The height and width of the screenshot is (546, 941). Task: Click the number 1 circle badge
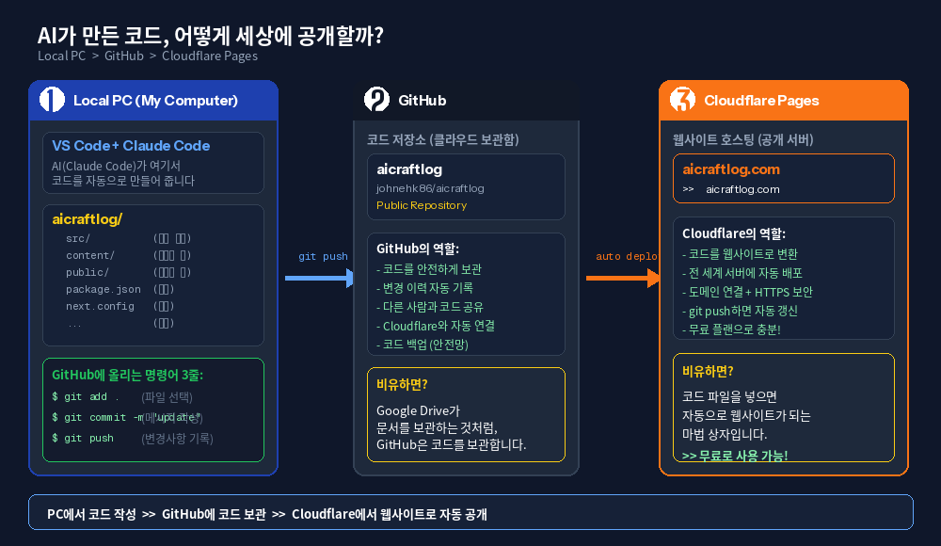(52, 100)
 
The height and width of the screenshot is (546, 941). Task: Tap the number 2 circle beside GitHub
(376, 100)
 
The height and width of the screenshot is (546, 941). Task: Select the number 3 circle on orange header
(682, 100)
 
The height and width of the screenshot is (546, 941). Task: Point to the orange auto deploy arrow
(622, 278)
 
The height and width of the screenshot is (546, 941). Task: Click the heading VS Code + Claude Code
(131, 146)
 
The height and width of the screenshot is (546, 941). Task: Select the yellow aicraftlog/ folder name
(88, 219)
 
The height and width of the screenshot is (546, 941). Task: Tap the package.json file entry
(104, 289)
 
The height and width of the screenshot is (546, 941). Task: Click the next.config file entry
(100, 306)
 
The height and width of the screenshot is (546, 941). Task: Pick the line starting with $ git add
(86, 396)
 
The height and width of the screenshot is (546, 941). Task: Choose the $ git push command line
(83, 438)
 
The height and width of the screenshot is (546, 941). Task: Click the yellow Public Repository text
(422, 205)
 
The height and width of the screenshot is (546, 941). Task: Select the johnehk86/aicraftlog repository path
(430, 188)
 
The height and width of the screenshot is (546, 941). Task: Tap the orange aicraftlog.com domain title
(731, 169)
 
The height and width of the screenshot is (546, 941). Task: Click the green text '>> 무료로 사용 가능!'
(735, 456)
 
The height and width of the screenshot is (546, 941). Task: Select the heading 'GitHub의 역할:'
(418, 249)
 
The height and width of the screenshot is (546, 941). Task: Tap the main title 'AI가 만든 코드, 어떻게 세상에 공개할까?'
(210, 36)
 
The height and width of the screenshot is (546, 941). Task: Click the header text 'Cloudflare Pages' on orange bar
(761, 101)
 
